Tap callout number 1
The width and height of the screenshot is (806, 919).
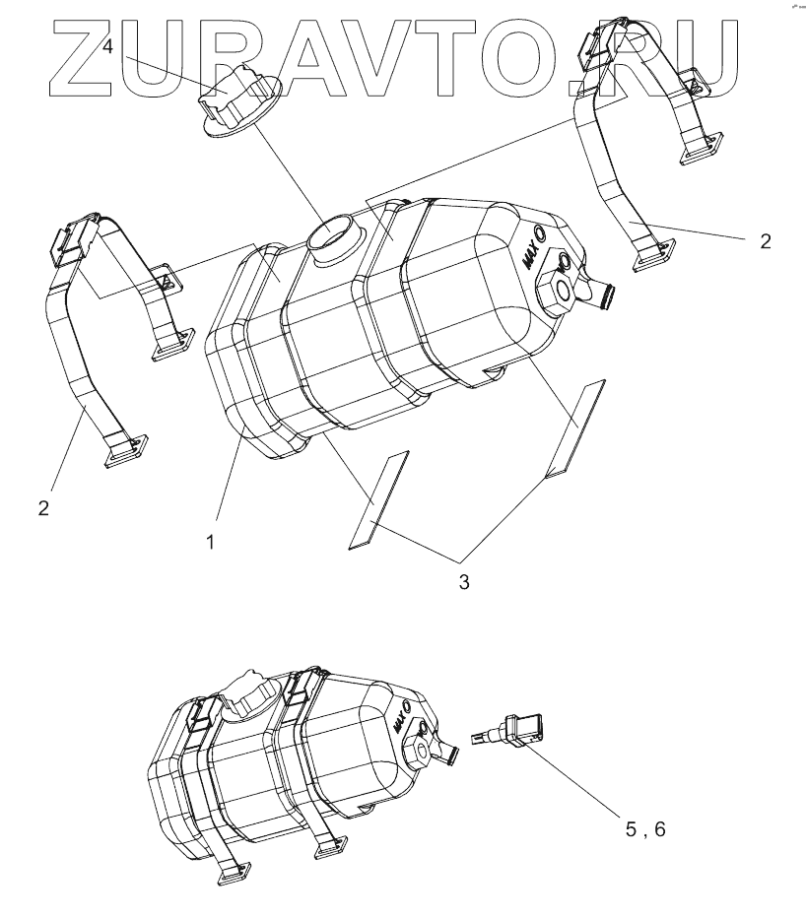pyautogui.click(x=210, y=540)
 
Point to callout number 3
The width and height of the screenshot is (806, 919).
pyautogui.click(x=463, y=581)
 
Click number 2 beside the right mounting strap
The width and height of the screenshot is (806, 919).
pyautogui.click(x=766, y=241)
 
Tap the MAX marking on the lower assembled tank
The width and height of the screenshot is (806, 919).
pyautogui.click(x=400, y=724)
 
